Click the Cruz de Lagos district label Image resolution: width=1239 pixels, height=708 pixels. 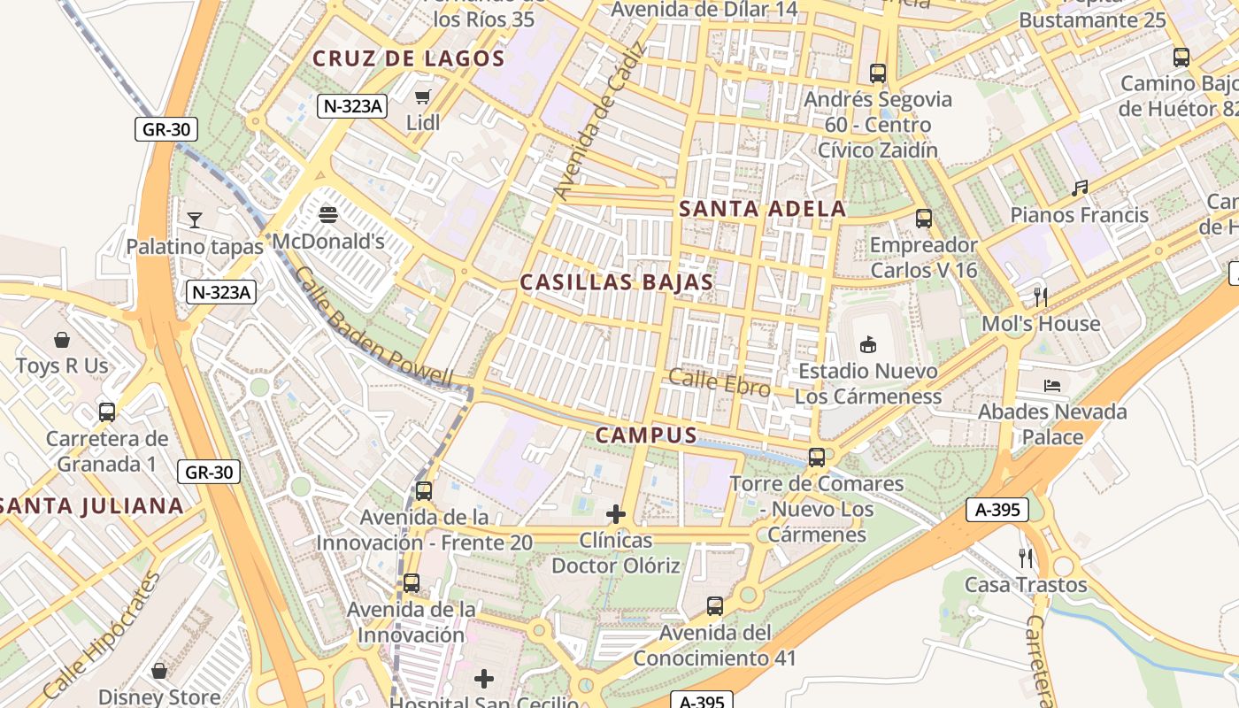[x=408, y=59]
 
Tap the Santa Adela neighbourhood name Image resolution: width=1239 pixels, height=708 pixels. [x=762, y=209]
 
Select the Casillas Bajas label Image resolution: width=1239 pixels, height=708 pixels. [x=616, y=282]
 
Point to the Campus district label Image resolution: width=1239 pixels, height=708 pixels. [x=646, y=435]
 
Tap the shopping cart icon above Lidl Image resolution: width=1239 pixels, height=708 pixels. [x=423, y=96]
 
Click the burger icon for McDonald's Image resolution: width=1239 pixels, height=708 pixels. [x=327, y=214]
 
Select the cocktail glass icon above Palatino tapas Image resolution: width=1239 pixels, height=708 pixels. [x=195, y=219]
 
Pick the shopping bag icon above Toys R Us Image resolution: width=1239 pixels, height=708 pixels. [x=62, y=339]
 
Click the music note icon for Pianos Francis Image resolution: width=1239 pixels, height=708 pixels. [x=1079, y=188]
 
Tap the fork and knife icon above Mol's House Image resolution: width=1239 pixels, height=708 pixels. [x=1041, y=296]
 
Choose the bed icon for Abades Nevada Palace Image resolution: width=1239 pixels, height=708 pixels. [x=1051, y=385]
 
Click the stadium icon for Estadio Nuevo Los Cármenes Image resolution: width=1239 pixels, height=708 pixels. [x=867, y=344]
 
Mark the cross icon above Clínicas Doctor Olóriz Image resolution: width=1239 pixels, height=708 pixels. [x=616, y=513]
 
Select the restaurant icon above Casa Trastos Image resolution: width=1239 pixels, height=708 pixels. [x=1026, y=558]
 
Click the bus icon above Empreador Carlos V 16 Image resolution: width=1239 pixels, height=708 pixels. [x=924, y=218]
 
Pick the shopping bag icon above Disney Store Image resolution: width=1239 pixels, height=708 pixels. [x=159, y=671]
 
